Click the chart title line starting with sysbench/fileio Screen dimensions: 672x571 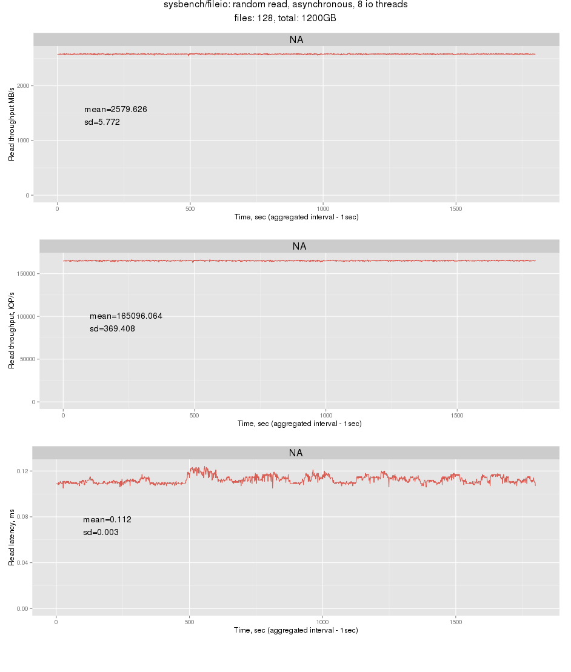click(285, 5)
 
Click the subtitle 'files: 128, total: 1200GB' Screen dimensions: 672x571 click(285, 19)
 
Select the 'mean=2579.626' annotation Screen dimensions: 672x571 click(115, 110)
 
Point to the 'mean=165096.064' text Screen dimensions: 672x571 click(125, 316)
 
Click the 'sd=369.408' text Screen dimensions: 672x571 click(112, 329)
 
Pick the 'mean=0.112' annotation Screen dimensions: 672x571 click(107, 520)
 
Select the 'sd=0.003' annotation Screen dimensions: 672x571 click(100, 533)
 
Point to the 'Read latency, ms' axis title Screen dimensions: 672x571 click(12, 537)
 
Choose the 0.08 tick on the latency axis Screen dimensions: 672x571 click(24, 517)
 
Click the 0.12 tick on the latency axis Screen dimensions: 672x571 click(24, 471)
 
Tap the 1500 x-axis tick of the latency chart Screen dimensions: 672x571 click(456, 622)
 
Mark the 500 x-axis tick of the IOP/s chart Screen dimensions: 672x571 click(194, 416)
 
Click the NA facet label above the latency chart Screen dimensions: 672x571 click(295, 453)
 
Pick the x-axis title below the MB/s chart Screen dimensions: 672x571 click(296, 217)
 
